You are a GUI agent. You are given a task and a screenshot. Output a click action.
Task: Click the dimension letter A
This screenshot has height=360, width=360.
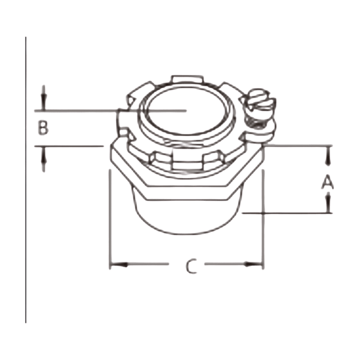tap(327, 182)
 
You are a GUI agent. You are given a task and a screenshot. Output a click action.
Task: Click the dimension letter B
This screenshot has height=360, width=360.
tap(43, 128)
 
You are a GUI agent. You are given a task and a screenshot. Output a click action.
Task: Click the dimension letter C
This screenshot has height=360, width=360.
tap(191, 266)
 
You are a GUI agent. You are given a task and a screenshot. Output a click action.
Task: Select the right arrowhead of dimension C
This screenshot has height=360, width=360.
tap(253, 264)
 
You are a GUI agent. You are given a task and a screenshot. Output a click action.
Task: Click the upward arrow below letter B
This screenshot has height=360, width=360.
tap(44, 159)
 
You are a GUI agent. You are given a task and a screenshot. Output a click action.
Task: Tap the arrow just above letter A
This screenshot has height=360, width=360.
tap(329, 156)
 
